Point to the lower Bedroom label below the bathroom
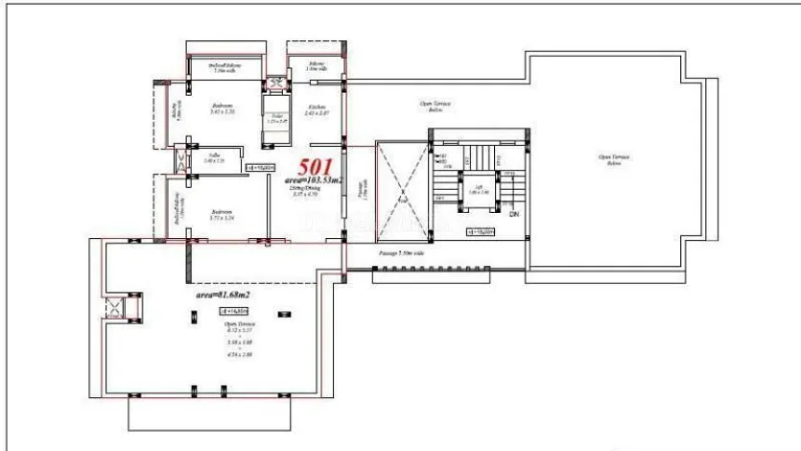coord(222,214)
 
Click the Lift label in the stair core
coord(478,189)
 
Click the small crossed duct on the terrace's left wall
coord(116,309)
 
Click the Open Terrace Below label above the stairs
coord(436,105)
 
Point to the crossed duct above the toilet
coord(275,85)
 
